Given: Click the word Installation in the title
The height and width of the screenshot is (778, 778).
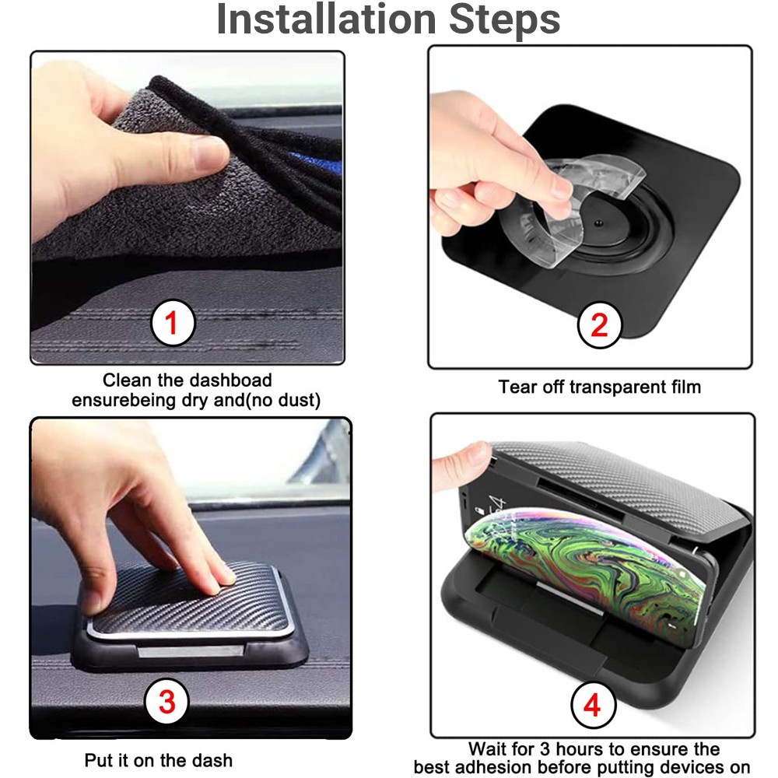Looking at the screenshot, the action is [x=327, y=19].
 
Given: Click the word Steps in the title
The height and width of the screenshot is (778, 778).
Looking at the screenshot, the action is [x=505, y=20].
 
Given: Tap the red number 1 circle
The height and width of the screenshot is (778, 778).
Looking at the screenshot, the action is [x=173, y=323].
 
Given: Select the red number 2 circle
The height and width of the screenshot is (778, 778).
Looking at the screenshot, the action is [x=599, y=325].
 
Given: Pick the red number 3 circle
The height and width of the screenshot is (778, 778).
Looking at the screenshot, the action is [x=166, y=701].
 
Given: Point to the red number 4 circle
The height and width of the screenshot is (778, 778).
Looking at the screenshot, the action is [x=592, y=705].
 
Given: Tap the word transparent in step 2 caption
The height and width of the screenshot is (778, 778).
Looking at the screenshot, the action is [x=612, y=387].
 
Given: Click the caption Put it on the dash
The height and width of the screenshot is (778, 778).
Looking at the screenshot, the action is [x=158, y=760].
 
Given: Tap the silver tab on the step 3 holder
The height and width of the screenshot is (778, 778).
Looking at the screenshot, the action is [x=191, y=650].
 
